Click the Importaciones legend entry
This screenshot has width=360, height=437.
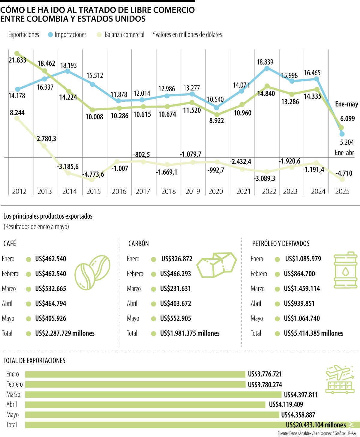[67, 35]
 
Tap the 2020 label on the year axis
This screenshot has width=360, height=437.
[216, 191]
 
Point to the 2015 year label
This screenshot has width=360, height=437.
[94, 191]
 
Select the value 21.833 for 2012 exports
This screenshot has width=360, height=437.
[17, 60]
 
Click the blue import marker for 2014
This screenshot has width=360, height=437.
[68, 71]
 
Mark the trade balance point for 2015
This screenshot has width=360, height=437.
[92, 180]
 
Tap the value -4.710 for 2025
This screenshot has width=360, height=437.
[344, 173]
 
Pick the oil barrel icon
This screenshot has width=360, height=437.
[345, 270]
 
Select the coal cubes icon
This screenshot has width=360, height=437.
[216, 265]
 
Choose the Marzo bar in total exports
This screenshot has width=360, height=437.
[153, 394]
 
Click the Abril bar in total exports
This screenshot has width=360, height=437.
[145, 405]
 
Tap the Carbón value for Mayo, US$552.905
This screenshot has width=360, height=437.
[175, 319]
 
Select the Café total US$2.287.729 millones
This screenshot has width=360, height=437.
[64, 334]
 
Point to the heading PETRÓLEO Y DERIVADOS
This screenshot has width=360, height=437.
[280, 244]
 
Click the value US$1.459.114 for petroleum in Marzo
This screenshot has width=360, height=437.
[302, 289]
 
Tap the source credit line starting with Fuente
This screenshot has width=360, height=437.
[316, 433]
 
